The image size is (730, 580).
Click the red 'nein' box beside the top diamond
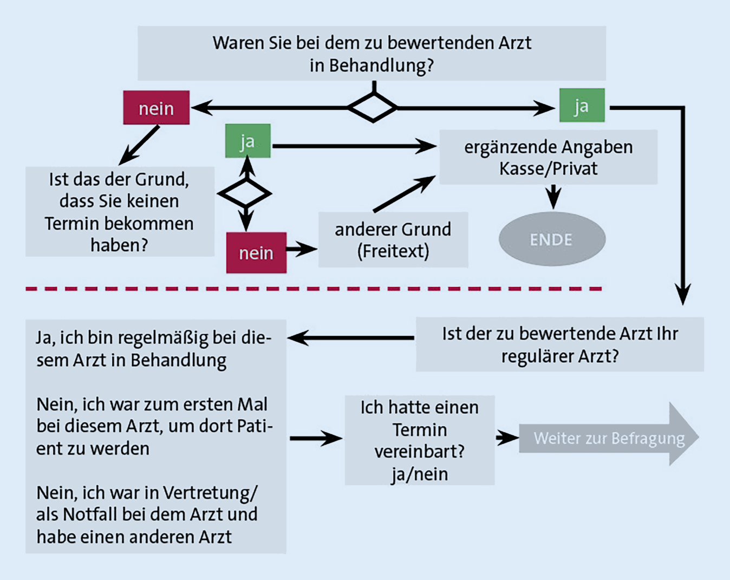point(156,108)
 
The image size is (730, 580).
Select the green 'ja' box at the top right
point(582,106)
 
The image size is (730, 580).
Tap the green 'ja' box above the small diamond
point(247,141)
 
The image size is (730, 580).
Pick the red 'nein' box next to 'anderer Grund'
point(256,252)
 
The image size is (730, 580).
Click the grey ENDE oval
point(551,239)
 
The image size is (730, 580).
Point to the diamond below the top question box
point(373,107)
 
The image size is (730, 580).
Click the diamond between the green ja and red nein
point(245,194)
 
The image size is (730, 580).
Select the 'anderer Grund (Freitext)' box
point(393,240)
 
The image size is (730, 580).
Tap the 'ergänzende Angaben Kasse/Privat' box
point(548,157)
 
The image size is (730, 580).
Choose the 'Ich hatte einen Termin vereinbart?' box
point(420,440)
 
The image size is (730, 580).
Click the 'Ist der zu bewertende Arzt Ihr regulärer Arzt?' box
point(559,344)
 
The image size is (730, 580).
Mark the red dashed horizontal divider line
point(314,289)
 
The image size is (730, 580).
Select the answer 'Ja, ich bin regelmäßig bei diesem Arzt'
point(153,348)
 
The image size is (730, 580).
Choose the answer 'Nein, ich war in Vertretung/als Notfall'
point(147,514)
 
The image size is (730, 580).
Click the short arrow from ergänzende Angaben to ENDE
point(553,197)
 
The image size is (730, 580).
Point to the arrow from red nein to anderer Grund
point(302,249)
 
